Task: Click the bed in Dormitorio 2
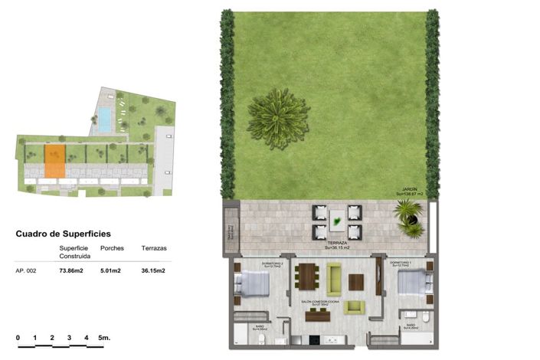[252, 286]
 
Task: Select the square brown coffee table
[356, 282]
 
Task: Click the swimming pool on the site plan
[103, 118]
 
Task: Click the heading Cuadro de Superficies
[63, 234]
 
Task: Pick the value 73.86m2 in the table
[72, 270]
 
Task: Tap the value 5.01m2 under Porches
[112, 270]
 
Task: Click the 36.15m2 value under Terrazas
[153, 270]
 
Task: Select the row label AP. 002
[28, 270]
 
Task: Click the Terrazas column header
[154, 248]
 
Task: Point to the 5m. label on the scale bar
[104, 337]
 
